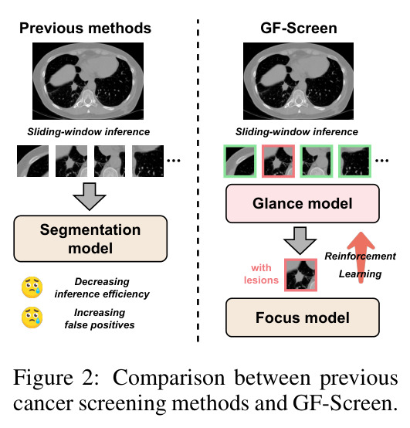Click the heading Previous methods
[x=85, y=28]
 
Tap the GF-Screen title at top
[x=299, y=28]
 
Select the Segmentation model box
[x=90, y=239]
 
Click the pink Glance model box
[x=303, y=204]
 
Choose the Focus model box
[x=303, y=318]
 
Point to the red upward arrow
[x=361, y=256]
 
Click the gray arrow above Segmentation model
[x=90, y=196]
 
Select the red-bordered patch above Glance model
[x=278, y=161]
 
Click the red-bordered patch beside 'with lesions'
[x=300, y=275]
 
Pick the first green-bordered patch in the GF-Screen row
[x=240, y=161]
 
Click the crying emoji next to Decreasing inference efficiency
[x=32, y=287]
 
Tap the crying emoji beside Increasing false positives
[x=32, y=318]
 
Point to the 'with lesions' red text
[x=261, y=273]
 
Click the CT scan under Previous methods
[x=88, y=81]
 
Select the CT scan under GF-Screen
[x=299, y=81]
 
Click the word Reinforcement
[x=360, y=256]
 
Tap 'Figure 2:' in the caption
[x=56, y=378]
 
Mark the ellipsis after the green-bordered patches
[x=382, y=161]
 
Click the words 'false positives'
[x=100, y=324]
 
